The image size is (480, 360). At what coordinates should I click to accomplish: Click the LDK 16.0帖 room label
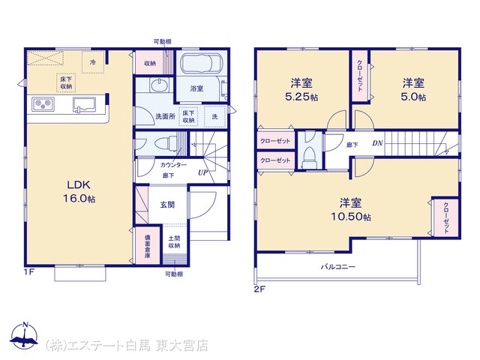pyautogui.click(x=79, y=192)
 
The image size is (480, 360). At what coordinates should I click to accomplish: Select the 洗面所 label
pyautogui.click(x=165, y=116)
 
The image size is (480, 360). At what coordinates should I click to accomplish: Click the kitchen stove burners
pyautogui.click(x=43, y=104)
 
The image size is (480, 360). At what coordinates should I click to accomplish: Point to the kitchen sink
pyautogui.click(x=85, y=105)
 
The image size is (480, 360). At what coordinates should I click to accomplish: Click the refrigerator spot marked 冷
pyautogui.click(x=93, y=62)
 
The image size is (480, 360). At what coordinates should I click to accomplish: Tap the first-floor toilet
pyautogui.click(x=166, y=143)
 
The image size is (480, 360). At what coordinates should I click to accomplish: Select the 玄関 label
pyautogui.click(x=167, y=205)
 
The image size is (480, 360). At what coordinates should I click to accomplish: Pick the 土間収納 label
pyautogui.click(x=174, y=241)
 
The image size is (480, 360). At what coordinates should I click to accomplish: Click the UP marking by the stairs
pyautogui.click(x=202, y=172)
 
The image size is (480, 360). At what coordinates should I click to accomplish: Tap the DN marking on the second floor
pyautogui.click(x=377, y=143)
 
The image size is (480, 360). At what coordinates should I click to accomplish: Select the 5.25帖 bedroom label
pyautogui.click(x=301, y=90)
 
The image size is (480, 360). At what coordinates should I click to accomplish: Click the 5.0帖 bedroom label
pyautogui.click(x=413, y=90)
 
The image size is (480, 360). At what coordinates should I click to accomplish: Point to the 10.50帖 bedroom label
pyautogui.click(x=350, y=210)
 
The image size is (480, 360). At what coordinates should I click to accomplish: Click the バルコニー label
pyautogui.click(x=338, y=267)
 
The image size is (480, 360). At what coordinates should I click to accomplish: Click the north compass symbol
pyautogui.click(x=25, y=335)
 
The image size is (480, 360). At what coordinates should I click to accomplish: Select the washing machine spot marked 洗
pyautogui.click(x=215, y=116)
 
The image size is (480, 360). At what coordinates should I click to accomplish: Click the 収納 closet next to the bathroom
pyautogui.click(x=150, y=63)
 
